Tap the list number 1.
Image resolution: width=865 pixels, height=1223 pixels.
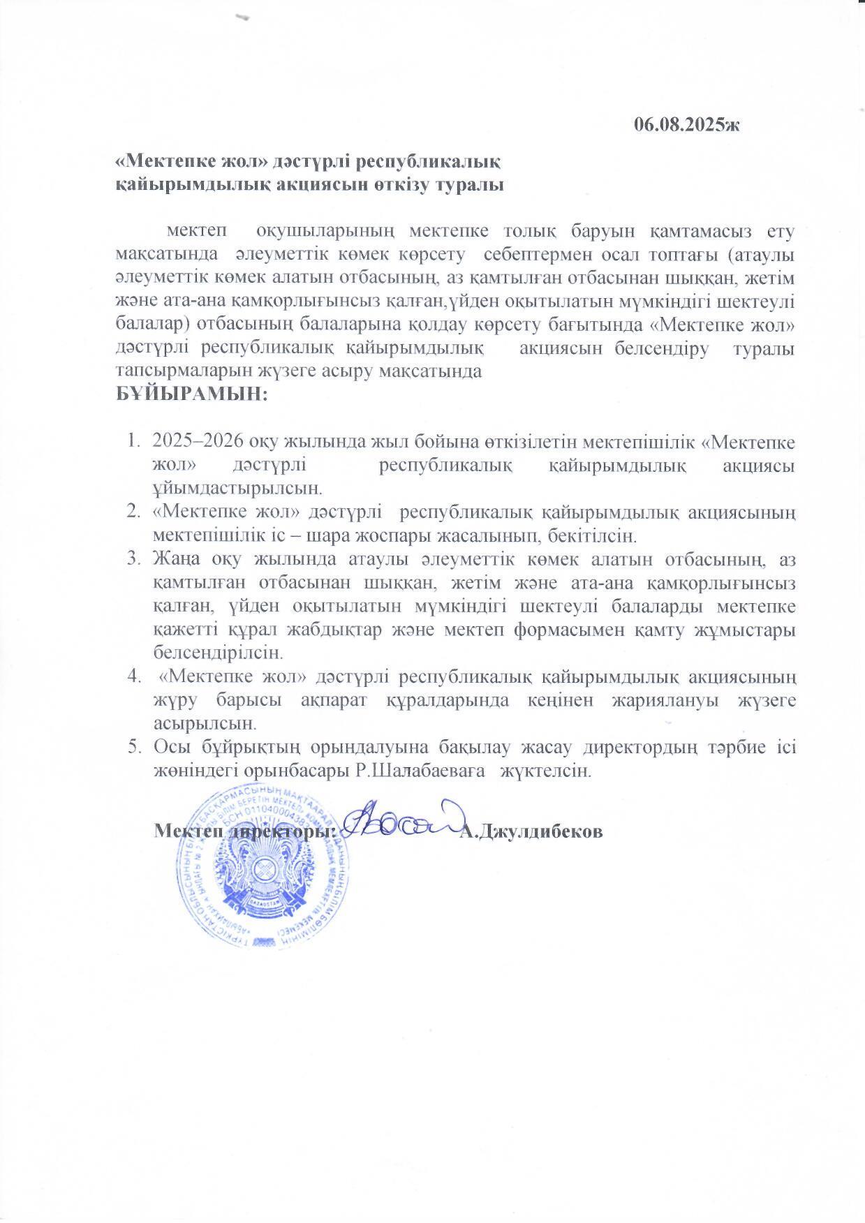pos(132,442)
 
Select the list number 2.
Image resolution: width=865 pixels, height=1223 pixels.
pos(132,513)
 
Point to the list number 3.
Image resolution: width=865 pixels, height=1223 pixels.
pos(132,559)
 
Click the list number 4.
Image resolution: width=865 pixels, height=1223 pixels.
pos(132,677)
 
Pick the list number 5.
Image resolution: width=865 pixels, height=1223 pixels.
pos(132,747)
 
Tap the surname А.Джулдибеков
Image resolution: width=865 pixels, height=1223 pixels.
pos(531,832)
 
